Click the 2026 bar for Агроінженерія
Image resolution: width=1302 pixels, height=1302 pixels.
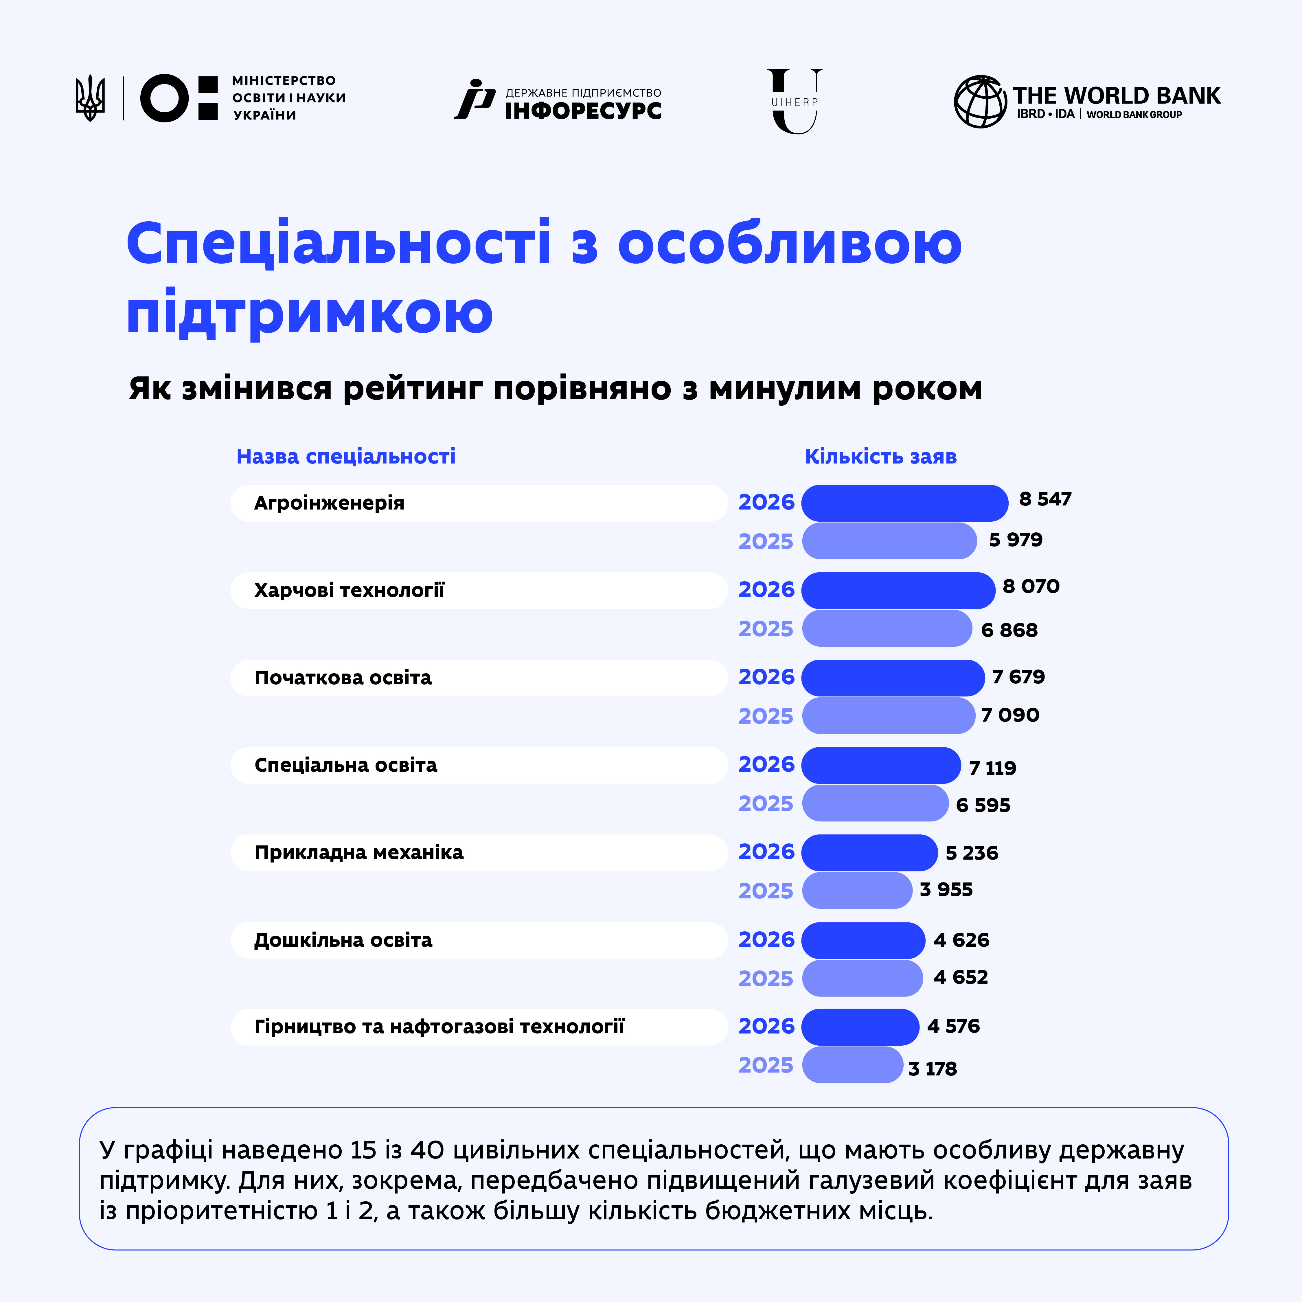904,503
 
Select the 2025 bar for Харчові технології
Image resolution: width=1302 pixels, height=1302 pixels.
887,628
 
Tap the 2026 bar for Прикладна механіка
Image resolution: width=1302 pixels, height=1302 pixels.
869,852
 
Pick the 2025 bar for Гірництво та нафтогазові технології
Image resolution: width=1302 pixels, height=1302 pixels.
852,1065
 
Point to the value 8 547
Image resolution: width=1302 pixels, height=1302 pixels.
1045,499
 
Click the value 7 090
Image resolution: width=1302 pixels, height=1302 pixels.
1010,715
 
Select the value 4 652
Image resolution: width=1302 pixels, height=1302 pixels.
961,977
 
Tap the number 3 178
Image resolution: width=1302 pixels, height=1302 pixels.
933,1069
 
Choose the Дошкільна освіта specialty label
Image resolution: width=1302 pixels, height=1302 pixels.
343,940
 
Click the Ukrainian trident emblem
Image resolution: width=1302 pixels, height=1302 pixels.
90,98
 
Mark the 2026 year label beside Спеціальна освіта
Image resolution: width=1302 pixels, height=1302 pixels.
766,764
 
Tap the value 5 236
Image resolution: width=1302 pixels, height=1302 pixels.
972,853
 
